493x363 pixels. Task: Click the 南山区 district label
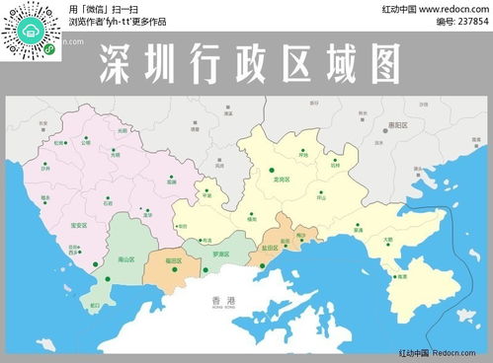click(125, 259)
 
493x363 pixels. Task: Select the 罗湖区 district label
click(220, 254)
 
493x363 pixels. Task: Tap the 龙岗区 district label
click(281, 180)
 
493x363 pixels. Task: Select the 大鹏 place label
click(386, 239)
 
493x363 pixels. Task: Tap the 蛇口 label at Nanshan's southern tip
click(95, 306)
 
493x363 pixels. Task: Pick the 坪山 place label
click(321, 197)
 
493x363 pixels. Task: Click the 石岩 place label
click(108, 204)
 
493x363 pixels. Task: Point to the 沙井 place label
click(45, 169)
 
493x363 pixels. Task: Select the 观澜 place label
click(171, 181)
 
